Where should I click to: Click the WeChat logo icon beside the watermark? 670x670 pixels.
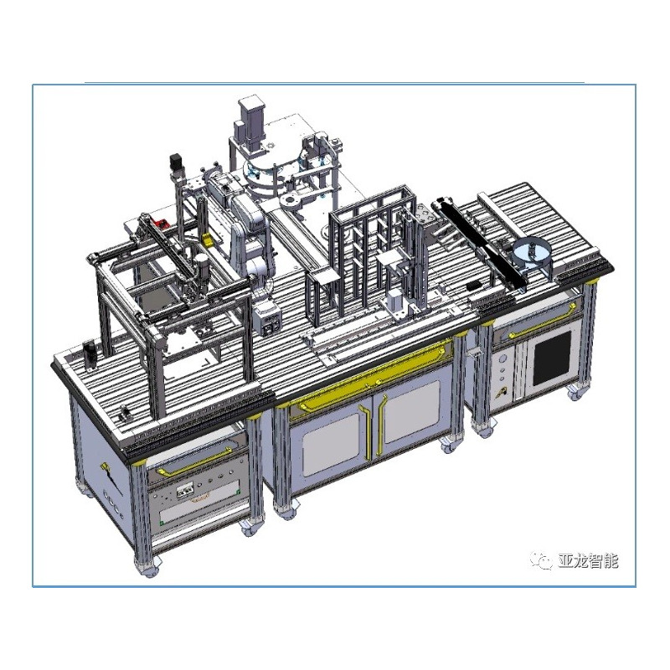click(544, 560)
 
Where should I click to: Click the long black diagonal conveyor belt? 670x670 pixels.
click(482, 243)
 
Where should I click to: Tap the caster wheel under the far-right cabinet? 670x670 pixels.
click(575, 392)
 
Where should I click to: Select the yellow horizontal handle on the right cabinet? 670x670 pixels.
click(536, 317)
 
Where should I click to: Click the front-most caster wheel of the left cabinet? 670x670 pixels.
click(149, 567)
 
